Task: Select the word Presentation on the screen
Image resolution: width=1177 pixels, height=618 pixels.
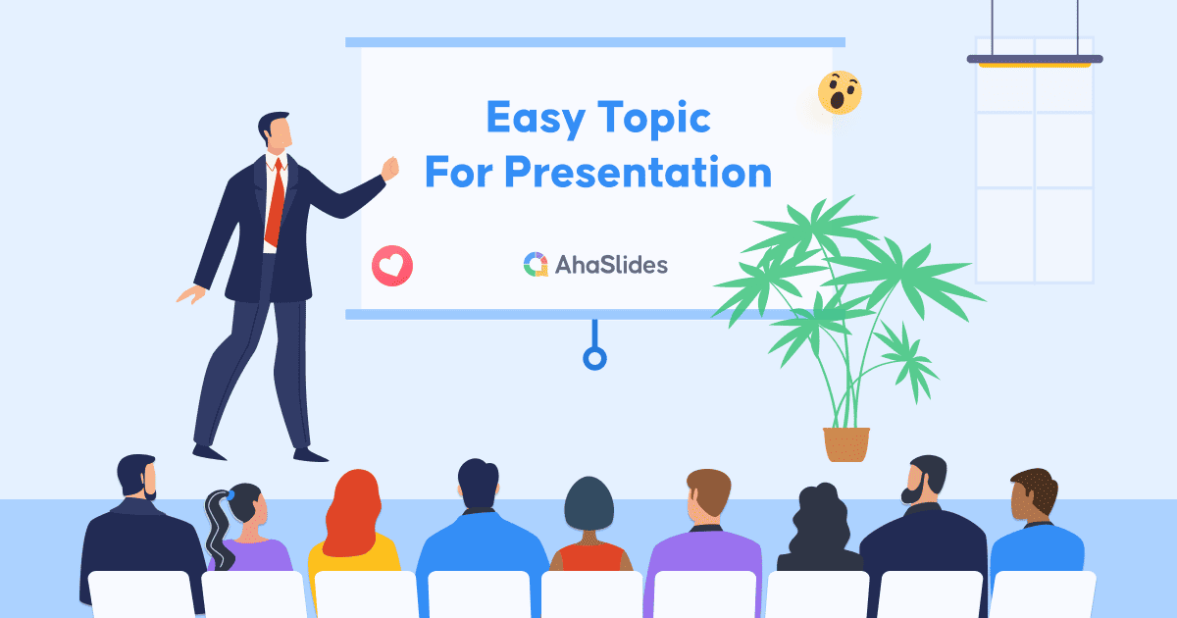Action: pyautogui.click(x=638, y=173)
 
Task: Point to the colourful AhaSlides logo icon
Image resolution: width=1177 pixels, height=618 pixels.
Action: pyautogui.click(x=536, y=264)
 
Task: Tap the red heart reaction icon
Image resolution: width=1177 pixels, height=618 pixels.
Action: pyautogui.click(x=392, y=265)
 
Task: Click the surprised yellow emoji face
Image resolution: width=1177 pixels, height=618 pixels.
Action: pyautogui.click(x=840, y=92)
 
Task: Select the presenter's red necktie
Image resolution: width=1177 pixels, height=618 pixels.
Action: pyautogui.click(x=277, y=201)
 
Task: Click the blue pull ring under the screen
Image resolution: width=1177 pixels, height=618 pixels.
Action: pyautogui.click(x=594, y=357)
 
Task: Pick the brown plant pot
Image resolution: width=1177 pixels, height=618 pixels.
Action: pyautogui.click(x=846, y=443)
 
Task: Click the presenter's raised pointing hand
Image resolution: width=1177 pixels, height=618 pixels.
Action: pyautogui.click(x=390, y=169)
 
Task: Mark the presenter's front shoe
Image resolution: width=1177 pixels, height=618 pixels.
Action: pyautogui.click(x=310, y=454)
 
